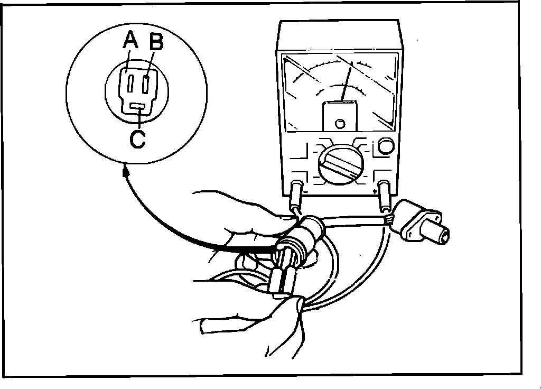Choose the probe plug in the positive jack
385,195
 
